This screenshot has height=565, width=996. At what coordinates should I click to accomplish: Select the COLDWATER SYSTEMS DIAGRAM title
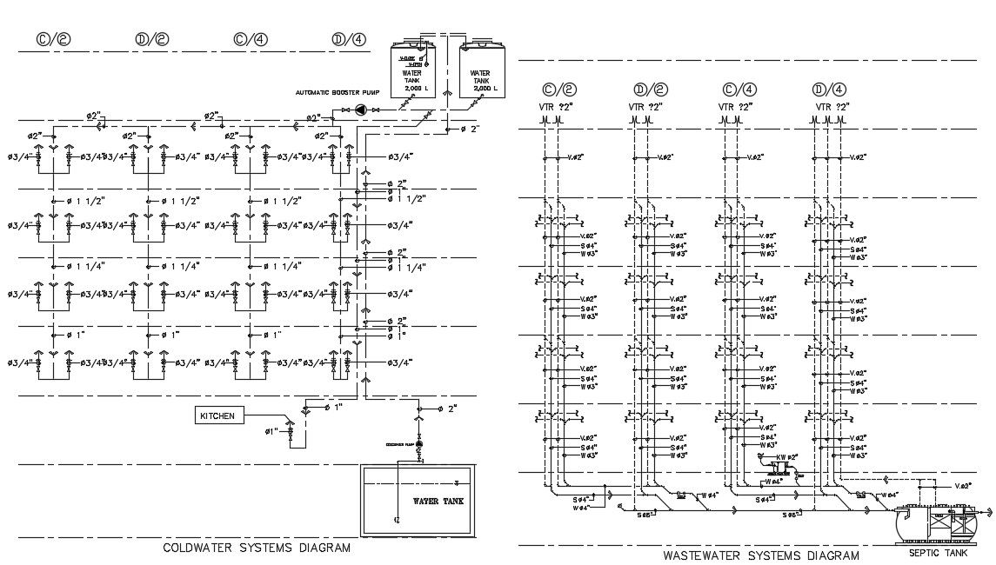pyautogui.click(x=257, y=548)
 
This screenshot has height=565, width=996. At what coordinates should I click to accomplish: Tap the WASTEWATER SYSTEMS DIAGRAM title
pyautogui.click(x=760, y=555)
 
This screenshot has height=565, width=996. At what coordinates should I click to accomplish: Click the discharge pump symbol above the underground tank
pyautogui.click(x=419, y=445)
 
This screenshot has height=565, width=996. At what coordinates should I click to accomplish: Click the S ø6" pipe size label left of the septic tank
pyautogui.click(x=790, y=515)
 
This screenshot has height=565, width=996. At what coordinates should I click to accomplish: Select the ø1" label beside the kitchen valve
pyautogui.click(x=271, y=431)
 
